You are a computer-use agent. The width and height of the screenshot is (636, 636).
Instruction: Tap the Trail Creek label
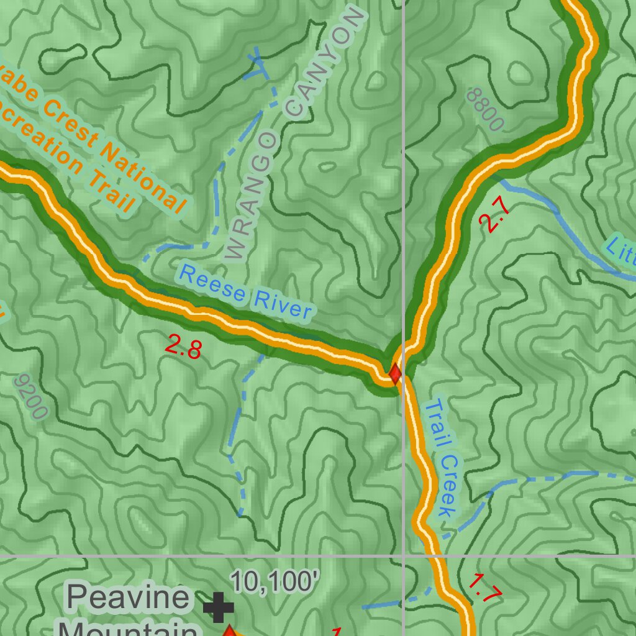tap(441, 458)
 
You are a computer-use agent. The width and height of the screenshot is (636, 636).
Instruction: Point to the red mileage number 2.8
tap(183, 347)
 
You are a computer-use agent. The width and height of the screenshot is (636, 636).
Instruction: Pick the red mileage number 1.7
tap(484, 588)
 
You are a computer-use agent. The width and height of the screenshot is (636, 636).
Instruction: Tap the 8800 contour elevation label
tap(484, 109)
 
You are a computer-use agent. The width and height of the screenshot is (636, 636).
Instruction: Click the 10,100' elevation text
tap(275, 582)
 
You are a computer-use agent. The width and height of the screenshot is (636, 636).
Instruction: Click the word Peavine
tap(128, 597)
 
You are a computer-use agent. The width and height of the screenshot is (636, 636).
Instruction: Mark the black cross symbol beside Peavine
tap(218, 607)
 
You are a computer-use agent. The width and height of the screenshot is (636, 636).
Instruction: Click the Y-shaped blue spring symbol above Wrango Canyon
tap(257, 62)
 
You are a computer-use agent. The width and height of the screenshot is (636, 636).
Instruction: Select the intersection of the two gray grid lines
tap(404, 555)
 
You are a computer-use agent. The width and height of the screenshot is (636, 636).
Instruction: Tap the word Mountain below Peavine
tap(124, 629)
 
